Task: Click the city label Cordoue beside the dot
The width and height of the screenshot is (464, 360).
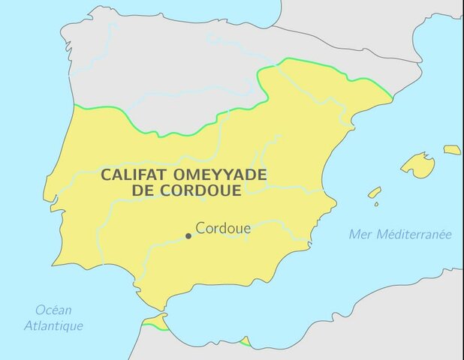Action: click(223, 228)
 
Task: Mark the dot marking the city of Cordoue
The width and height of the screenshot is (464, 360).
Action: click(188, 235)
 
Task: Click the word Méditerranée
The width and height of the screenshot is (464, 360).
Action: click(415, 234)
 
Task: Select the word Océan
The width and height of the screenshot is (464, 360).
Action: click(53, 310)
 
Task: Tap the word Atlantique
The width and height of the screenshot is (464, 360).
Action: click(53, 325)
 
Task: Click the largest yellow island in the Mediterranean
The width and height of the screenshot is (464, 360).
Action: click(418, 165)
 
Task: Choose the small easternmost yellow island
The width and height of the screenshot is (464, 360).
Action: click(452, 150)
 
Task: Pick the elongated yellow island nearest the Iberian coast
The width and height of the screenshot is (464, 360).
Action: click(374, 192)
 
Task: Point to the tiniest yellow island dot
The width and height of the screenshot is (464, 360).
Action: click(376, 203)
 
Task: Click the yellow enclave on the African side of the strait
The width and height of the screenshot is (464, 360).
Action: click(155, 322)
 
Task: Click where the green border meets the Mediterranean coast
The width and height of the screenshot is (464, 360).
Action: click(391, 97)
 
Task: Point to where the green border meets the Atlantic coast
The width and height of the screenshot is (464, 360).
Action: click(74, 107)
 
